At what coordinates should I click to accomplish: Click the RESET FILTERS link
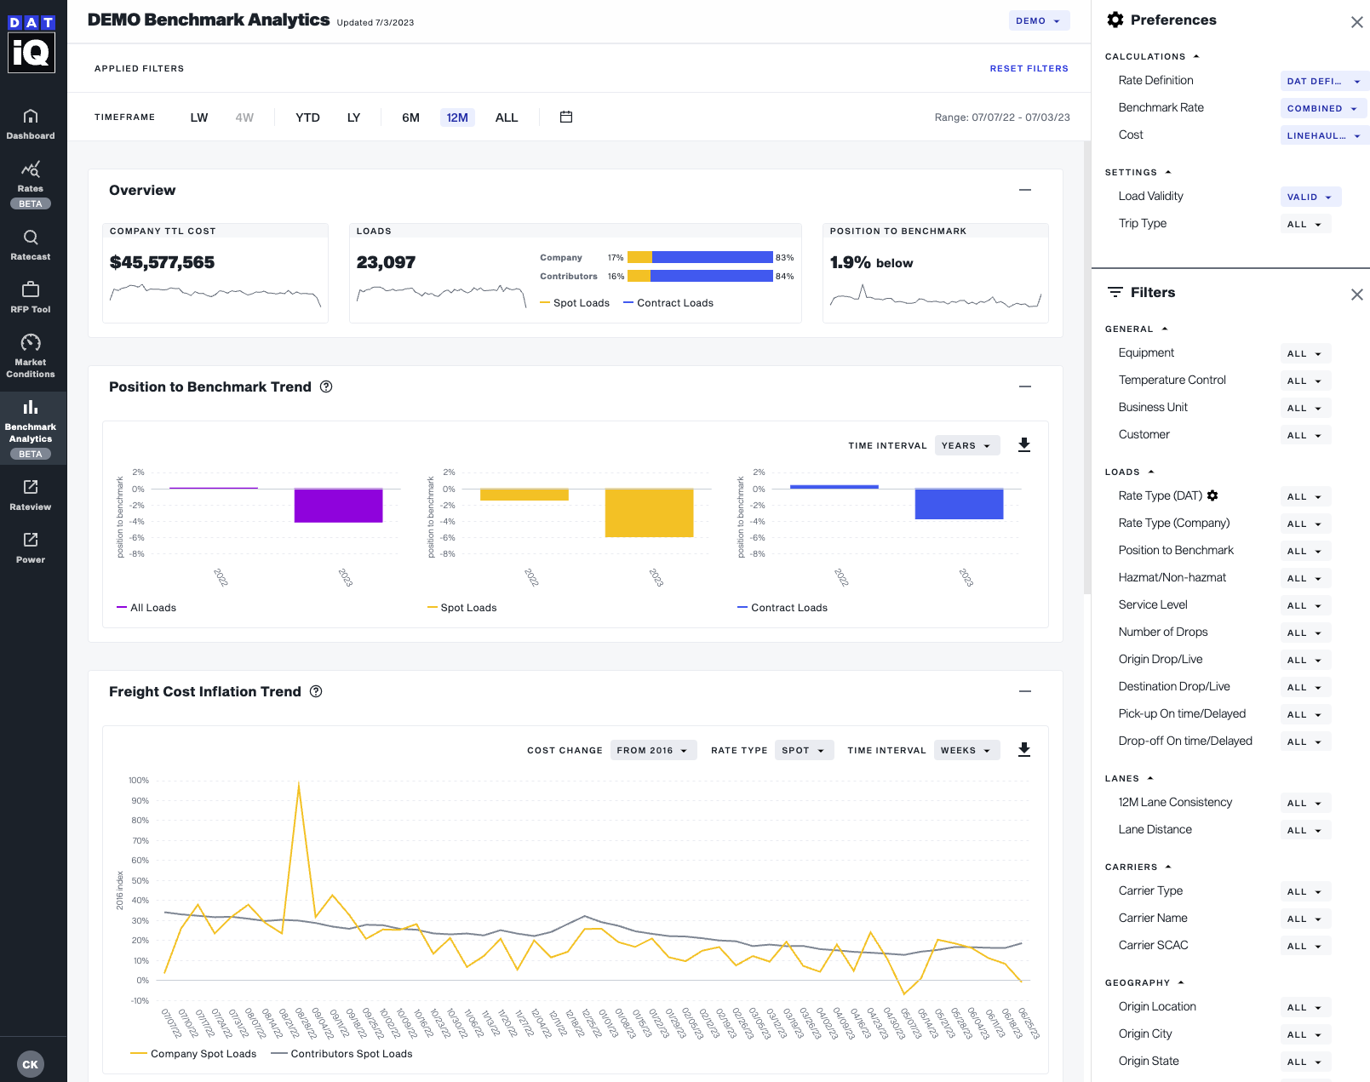(1029, 68)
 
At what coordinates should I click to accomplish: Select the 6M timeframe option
(410, 117)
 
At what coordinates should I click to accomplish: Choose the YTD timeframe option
(307, 117)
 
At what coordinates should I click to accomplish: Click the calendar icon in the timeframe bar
(566, 117)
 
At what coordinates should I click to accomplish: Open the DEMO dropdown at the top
(1039, 20)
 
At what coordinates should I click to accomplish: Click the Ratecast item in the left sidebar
(31, 244)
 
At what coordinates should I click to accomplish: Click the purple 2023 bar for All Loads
(338, 506)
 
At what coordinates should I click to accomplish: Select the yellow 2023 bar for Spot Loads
(649, 512)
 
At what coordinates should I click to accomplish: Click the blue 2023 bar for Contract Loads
(959, 504)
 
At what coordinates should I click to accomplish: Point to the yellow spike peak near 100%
(299, 783)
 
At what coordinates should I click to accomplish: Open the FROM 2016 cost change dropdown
(652, 750)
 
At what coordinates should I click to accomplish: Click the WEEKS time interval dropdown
(966, 750)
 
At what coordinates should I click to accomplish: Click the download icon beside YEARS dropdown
(1024, 444)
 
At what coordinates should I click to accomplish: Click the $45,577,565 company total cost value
(162, 262)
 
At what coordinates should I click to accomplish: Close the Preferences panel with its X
(1356, 22)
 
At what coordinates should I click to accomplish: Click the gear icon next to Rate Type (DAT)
(1212, 495)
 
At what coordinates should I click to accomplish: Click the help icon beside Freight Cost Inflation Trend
(316, 691)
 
